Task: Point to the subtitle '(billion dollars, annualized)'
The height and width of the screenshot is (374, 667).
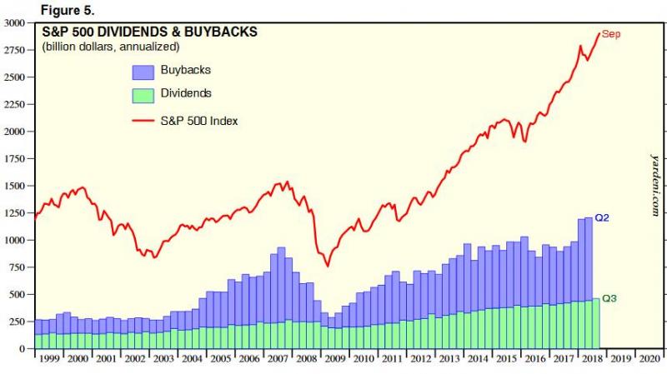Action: [110, 46]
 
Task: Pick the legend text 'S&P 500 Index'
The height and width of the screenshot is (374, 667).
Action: [199, 120]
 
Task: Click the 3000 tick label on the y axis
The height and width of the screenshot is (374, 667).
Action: [13, 22]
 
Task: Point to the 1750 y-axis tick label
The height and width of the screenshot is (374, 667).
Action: [13, 158]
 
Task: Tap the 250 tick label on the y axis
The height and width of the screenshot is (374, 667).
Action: [17, 322]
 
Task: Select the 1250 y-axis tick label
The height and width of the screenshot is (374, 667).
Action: [13, 212]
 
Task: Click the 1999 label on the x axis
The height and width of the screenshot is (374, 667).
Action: [49, 359]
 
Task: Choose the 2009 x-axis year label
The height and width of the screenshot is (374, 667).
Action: [334, 359]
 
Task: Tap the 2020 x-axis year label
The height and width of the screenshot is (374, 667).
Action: [648, 359]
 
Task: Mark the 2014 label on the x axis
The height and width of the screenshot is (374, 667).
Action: [477, 359]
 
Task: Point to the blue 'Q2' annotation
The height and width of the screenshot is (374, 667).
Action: [603, 217]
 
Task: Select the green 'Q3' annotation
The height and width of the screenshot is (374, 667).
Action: [609, 297]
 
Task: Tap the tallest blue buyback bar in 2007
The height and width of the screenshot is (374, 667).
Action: [281, 283]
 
